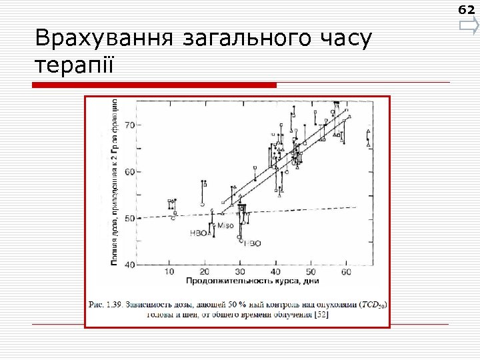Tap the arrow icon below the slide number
click(468, 27)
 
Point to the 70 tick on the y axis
click(129, 125)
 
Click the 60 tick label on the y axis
click(129, 171)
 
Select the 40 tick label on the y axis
click(129, 264)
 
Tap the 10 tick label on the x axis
click(170, 273)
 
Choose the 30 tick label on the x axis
click(241, 273)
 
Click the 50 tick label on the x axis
click(311, 273)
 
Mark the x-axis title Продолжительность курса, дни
click(247, 282)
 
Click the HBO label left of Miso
click(199, 233)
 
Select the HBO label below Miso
click(252, 243)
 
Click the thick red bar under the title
click(155, 85)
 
